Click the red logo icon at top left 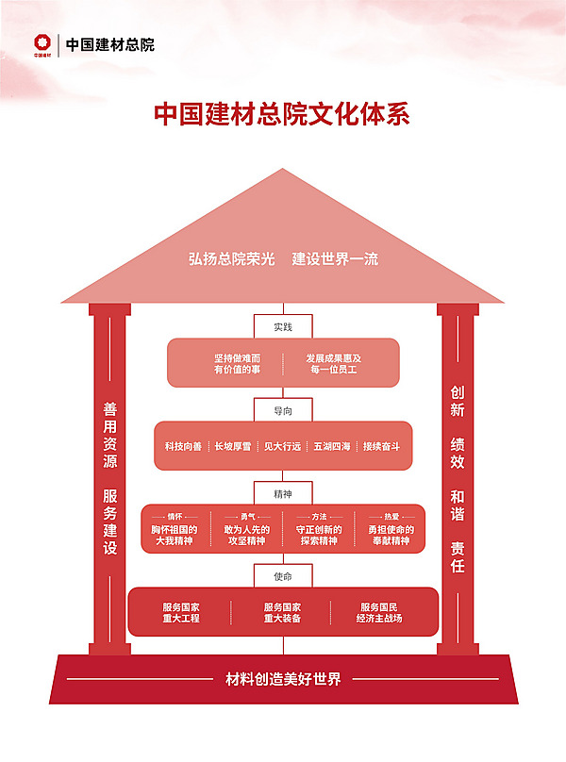coord(41,43)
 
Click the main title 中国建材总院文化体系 coord(282,114)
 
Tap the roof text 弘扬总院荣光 coord(231,258)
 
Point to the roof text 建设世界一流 coord(335,258)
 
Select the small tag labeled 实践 coord(283,326)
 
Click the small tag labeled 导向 coord(283,410)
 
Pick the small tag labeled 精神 coord(283,492)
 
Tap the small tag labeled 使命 coord(283,575)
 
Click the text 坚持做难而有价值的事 coord(237,364)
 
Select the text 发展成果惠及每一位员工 coord(333,364)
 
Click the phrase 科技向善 coord(183,446)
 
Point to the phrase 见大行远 coord(282,446)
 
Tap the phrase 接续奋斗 coord(382,446)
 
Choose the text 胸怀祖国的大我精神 coord(175,536)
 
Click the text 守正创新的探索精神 coord(319,536)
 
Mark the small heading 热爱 coord(391,517)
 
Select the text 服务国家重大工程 coord(181,612)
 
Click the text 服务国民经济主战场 coord(379,612)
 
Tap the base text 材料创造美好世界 coord(283,679)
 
